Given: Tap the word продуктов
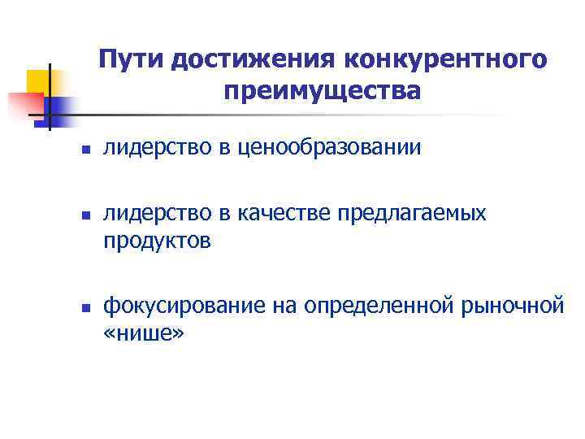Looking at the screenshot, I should click(158, 241).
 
